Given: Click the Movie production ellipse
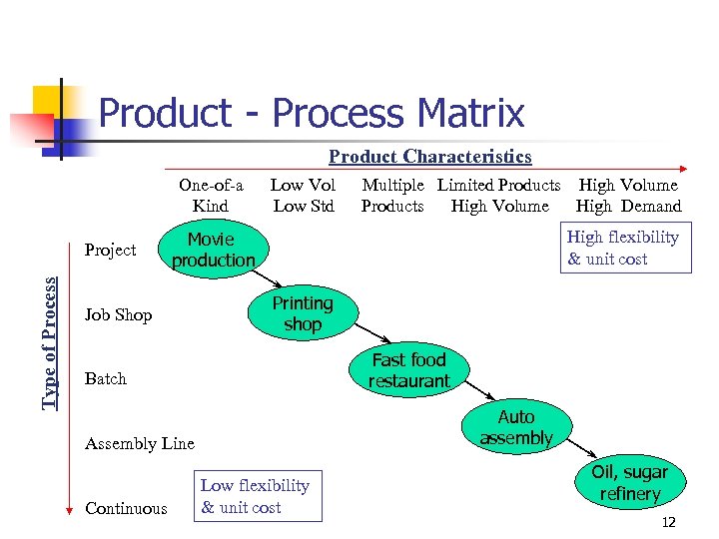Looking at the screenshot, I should pos(213,250).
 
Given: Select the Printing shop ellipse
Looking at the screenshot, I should pos(303,313).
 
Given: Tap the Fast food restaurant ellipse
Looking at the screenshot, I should pos(408,370).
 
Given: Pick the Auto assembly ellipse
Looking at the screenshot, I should pos(515,427).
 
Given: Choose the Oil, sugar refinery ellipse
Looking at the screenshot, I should pos(630,483).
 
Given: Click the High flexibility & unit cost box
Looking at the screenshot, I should pos(623,249).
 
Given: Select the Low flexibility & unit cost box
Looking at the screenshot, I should pos(256,496).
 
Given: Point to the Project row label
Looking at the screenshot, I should pos(110,250).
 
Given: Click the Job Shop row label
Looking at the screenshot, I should pos(119,315).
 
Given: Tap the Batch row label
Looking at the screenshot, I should pos(106,379).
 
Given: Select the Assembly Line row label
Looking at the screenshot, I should pos(140,444).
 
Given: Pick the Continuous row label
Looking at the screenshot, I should pos(126,509).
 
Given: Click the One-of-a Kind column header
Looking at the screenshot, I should pos(211,196).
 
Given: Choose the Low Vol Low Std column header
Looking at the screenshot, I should pos(303,196).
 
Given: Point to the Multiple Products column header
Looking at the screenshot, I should pos(392,196).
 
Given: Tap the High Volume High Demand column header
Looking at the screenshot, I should pos(628,196).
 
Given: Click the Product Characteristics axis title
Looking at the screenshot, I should pos(430,157).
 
